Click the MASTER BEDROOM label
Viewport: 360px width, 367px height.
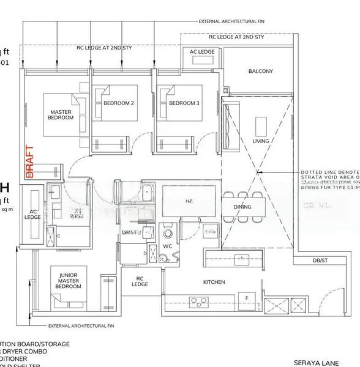click(x=61, y=114)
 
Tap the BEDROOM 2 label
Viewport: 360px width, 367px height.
click(x=118, y=103)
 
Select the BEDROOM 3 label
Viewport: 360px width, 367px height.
click(x=184, y=103)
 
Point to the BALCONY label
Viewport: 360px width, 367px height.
click(x=260, y=72)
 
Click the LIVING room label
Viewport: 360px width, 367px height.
click(x=260, y=141)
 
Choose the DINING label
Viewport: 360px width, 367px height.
click(x=243, y=207)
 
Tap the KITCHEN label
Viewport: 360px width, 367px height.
click(x=214, y=282)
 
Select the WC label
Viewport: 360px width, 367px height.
click(x=167, y=247)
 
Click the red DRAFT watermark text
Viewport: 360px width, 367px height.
click(x=28, y=161)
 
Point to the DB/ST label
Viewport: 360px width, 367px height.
click(x=320, y=262)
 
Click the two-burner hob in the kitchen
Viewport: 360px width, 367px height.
click(x=200, y=300)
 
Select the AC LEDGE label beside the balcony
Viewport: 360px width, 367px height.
click(x=202, y=52)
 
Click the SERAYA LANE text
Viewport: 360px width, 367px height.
click(x=316, y=361)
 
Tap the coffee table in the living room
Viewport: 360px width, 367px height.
click(x=261, y=126)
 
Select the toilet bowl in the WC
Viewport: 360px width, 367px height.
click(x=167, y=234)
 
